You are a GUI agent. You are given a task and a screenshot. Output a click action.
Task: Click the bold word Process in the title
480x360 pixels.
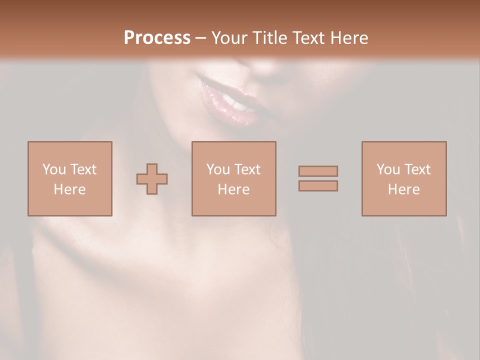point(157,38)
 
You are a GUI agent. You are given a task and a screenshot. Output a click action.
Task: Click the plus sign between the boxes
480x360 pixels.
point(152,178)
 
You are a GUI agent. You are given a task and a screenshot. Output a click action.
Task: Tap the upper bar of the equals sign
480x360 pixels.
point(318,171)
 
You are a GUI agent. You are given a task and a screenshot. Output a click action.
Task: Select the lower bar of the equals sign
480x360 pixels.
point(318,186)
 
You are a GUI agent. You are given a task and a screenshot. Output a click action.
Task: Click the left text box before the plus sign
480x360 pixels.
point(69,178)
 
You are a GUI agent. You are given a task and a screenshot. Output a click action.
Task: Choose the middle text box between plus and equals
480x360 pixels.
point(233,178)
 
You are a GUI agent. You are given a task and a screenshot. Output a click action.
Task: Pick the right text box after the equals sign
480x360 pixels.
point(403,178)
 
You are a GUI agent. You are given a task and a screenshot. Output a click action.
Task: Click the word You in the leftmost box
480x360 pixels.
point(53,169)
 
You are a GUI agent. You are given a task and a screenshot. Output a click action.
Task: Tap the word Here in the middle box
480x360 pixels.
point(233,189)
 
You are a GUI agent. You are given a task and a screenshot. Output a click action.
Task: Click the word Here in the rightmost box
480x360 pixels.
point(403,189)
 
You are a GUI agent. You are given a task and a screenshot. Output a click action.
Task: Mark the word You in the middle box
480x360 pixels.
point(217,169)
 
